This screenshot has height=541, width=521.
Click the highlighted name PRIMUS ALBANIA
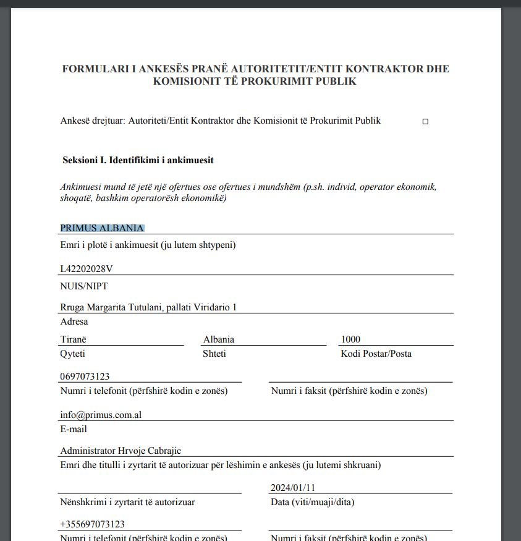102,228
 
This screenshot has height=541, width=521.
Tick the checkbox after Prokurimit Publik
425,122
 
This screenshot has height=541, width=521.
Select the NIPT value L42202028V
87,269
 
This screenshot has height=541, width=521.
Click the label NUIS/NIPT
84,286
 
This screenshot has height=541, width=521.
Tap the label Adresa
74,322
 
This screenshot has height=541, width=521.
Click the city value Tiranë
74,339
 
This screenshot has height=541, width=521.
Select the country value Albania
219,339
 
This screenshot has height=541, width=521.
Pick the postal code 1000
350,339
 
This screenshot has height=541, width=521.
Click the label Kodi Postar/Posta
376,354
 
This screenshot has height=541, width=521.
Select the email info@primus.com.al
101,415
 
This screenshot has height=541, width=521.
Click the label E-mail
74,429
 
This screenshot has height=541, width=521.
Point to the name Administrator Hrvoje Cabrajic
121,451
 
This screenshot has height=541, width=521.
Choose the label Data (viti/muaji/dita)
313,502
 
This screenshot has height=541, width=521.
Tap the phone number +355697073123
92,524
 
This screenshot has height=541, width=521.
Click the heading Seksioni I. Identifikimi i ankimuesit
138,160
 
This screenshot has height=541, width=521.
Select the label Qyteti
73,354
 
